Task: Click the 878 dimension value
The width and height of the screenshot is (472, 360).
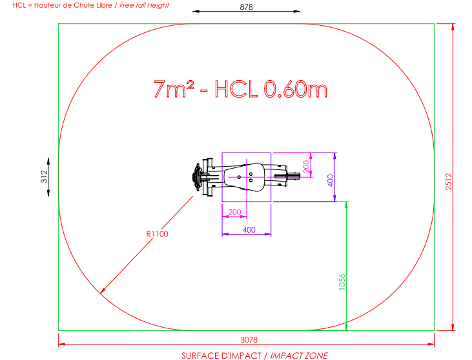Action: point(246,6)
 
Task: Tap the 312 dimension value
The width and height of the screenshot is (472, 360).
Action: point(45,176)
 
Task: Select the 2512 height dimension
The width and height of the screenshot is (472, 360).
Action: point(449,182)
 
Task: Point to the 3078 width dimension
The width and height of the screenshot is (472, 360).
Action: point(249,340)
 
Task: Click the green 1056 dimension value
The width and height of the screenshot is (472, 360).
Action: point(342,282)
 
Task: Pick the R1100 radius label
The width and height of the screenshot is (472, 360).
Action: point(157,234)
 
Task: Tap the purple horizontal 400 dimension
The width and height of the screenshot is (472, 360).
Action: point(249,230)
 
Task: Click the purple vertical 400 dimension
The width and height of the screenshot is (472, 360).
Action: point(330,180)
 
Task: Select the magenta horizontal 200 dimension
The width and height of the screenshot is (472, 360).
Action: point(234,212)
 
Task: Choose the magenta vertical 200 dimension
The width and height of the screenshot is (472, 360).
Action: point(306,166)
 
